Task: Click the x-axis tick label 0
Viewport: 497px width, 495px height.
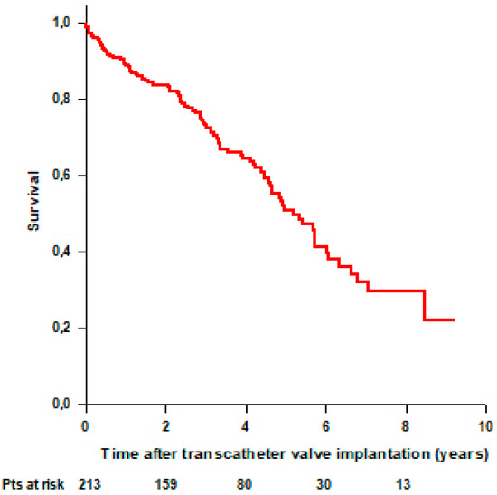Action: pos(85,424)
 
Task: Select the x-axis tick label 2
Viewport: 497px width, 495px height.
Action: pos(164,424)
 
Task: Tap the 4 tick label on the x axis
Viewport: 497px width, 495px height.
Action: pos(245,424)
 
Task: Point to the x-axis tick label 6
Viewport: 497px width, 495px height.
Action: pos(325,424)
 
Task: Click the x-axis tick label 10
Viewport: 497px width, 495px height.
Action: pos(484,424)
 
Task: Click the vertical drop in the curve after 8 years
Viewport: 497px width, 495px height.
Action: pos(424,305)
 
